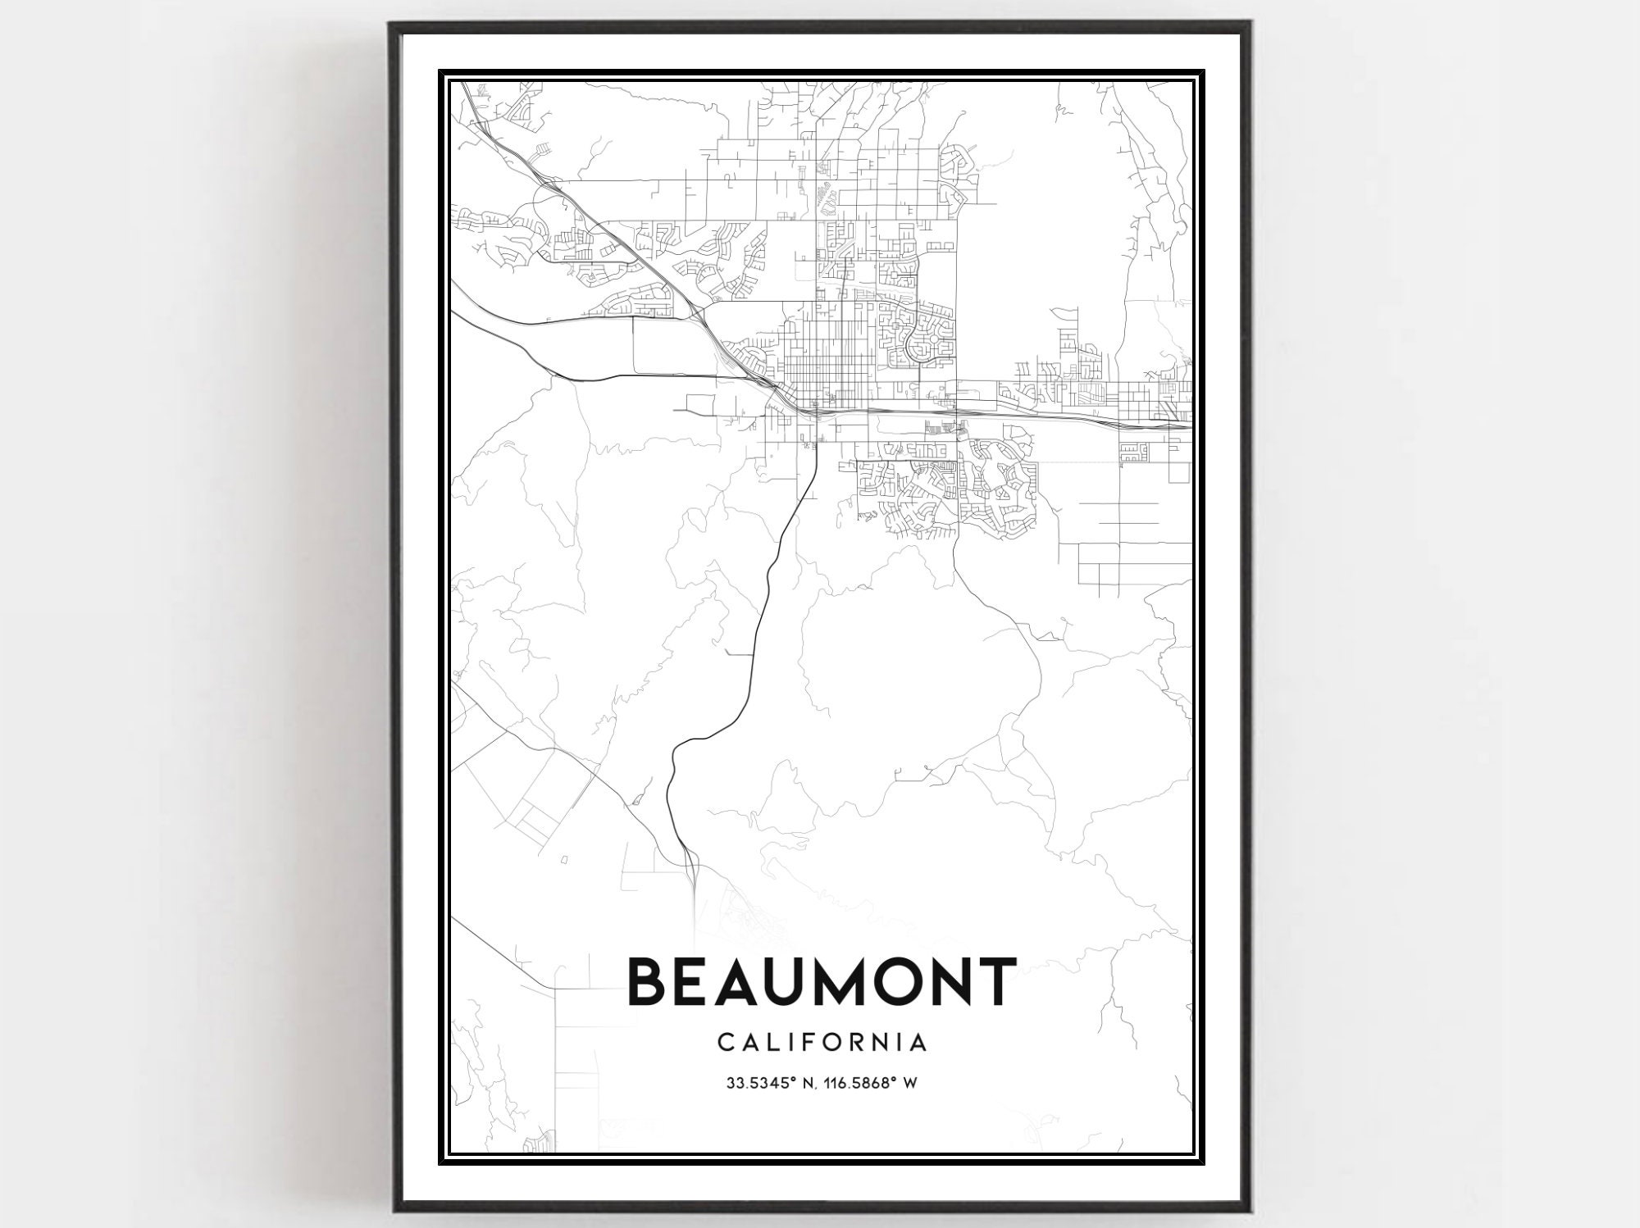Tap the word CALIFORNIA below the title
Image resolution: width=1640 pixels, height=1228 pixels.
pyautogui.click(x=822, y=1043)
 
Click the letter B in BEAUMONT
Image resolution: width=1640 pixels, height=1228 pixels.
pyautogui.click(x=649, y=981)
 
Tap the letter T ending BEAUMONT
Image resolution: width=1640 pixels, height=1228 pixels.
pyautogui.click(x=994, y=981)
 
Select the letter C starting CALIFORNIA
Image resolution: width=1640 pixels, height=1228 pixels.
pyautogui.click(x=725, y=1043)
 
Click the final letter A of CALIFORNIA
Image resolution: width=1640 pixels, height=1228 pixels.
pyautogui.click(x=919, y=1043)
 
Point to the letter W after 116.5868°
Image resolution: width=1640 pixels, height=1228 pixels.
pyautogui.click(x=909, y=1083)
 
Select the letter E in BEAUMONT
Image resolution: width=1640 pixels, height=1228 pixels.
pyautogui.click(x=689, y=981)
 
